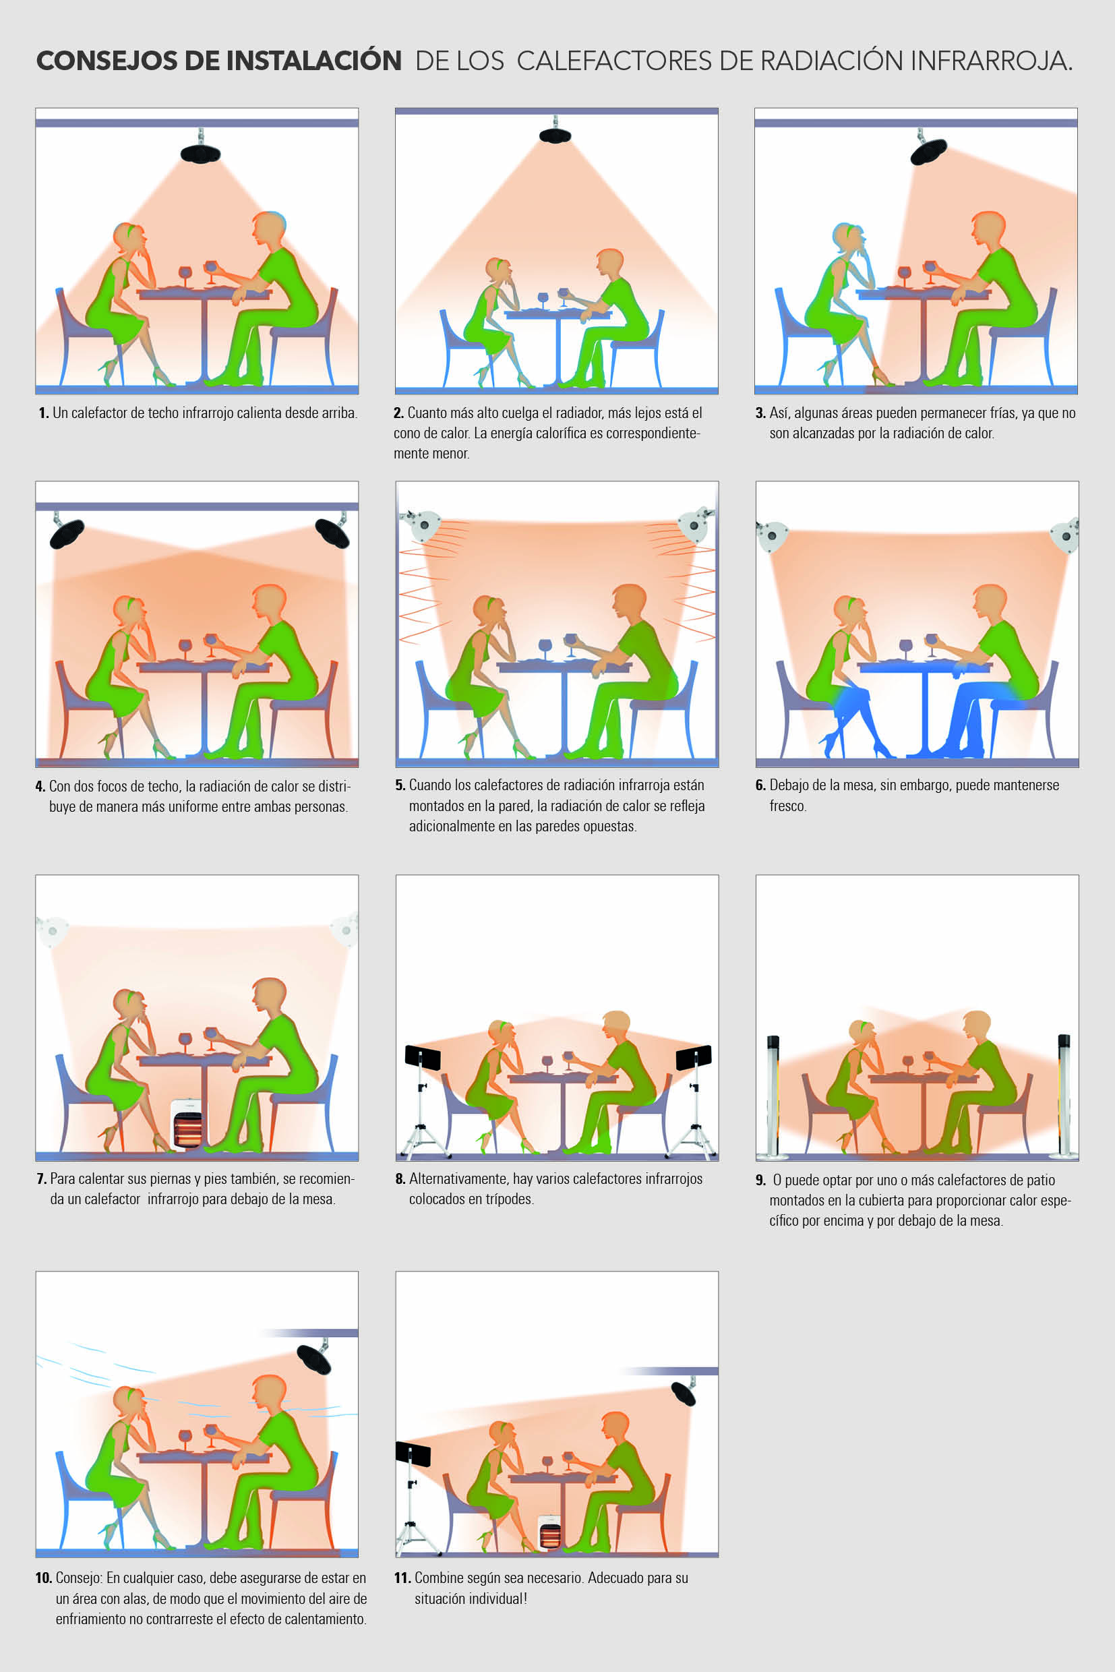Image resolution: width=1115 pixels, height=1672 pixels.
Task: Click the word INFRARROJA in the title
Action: pyautogui.click(x=990, y=61)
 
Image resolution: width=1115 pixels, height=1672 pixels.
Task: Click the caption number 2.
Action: pyautogui.click(x=398, y=413)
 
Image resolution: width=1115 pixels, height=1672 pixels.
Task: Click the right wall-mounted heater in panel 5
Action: pyautogui.click(x=696, y=525)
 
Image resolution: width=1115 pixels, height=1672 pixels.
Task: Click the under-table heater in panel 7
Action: pyautogui.click(x=187, y=1125)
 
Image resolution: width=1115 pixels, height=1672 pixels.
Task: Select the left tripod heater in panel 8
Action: pyautogui.click(x=423, y=1100)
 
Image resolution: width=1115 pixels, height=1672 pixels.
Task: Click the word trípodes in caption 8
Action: pyautogui.click(x=506, y=1199)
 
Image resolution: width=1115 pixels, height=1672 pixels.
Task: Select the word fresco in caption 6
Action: pyautogui.click(x=788, y=806)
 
